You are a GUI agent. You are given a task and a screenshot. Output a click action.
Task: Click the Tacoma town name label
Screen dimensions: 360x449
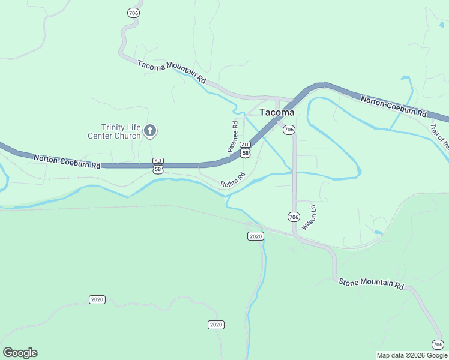tap(277, 112)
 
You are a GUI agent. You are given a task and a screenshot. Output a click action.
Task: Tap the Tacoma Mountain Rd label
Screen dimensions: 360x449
tap(172, 72)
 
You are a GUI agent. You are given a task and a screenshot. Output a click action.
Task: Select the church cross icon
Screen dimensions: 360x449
tap(150, 130)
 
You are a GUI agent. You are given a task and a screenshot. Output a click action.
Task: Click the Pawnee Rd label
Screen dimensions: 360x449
tap(233, 137)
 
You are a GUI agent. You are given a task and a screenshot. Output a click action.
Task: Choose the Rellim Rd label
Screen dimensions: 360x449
tap(233, 179)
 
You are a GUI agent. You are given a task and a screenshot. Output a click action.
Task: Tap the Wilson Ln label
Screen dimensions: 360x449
tap(309, 218)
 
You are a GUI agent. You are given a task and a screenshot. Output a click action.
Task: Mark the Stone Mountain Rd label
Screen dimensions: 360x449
tap(371, 284)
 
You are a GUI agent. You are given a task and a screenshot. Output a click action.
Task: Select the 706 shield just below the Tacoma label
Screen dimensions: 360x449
tap(289, 130)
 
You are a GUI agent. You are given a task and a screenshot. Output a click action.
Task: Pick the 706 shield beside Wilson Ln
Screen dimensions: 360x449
tap(293, 216)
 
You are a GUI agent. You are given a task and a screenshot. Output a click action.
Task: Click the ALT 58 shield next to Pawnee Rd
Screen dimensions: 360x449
tap(245, 150)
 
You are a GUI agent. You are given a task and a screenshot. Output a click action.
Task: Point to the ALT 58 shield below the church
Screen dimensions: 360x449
tap(158, 166)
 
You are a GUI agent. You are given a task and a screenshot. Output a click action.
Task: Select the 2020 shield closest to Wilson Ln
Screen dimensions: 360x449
tap(255, 236)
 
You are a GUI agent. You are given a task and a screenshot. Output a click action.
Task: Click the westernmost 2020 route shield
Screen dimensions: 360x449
tap(97, 299)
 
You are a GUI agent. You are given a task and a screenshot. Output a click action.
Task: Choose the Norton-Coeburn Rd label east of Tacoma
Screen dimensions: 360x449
tap(393, 106)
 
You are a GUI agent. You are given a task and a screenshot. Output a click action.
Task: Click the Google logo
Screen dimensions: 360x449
tap(20, 353)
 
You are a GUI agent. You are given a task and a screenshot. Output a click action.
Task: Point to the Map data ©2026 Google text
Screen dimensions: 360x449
tap(412, 355)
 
